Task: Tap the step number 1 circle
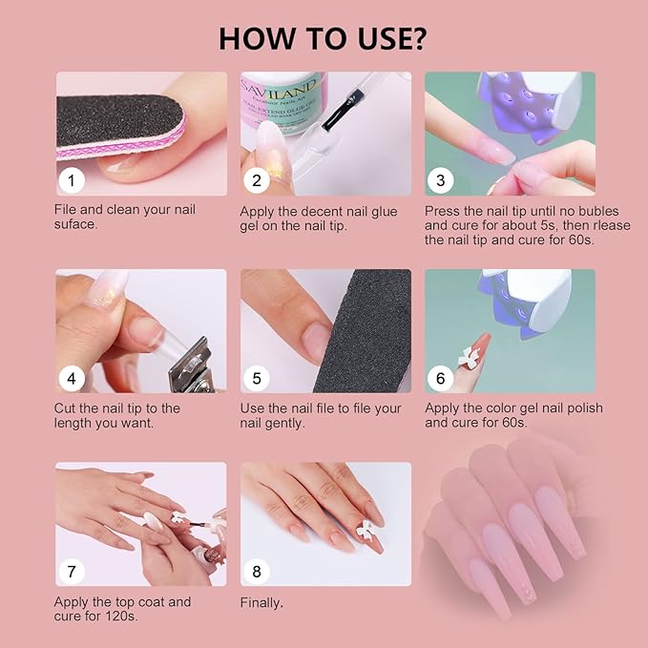(x=71, y=179)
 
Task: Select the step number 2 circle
(x=256, y=179)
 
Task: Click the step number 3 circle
(x=440, y=179)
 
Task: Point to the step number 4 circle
(x=71, y=378)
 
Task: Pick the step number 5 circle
(x=256, y=378)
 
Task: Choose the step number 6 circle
(x=440, y=378)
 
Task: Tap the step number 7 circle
(x=71, y=572)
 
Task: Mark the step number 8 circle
(x=256, y=572)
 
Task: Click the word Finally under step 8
(x=261, y=602)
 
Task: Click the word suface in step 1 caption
(x=76, y=225)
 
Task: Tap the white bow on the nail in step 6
(x=468, y=359)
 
